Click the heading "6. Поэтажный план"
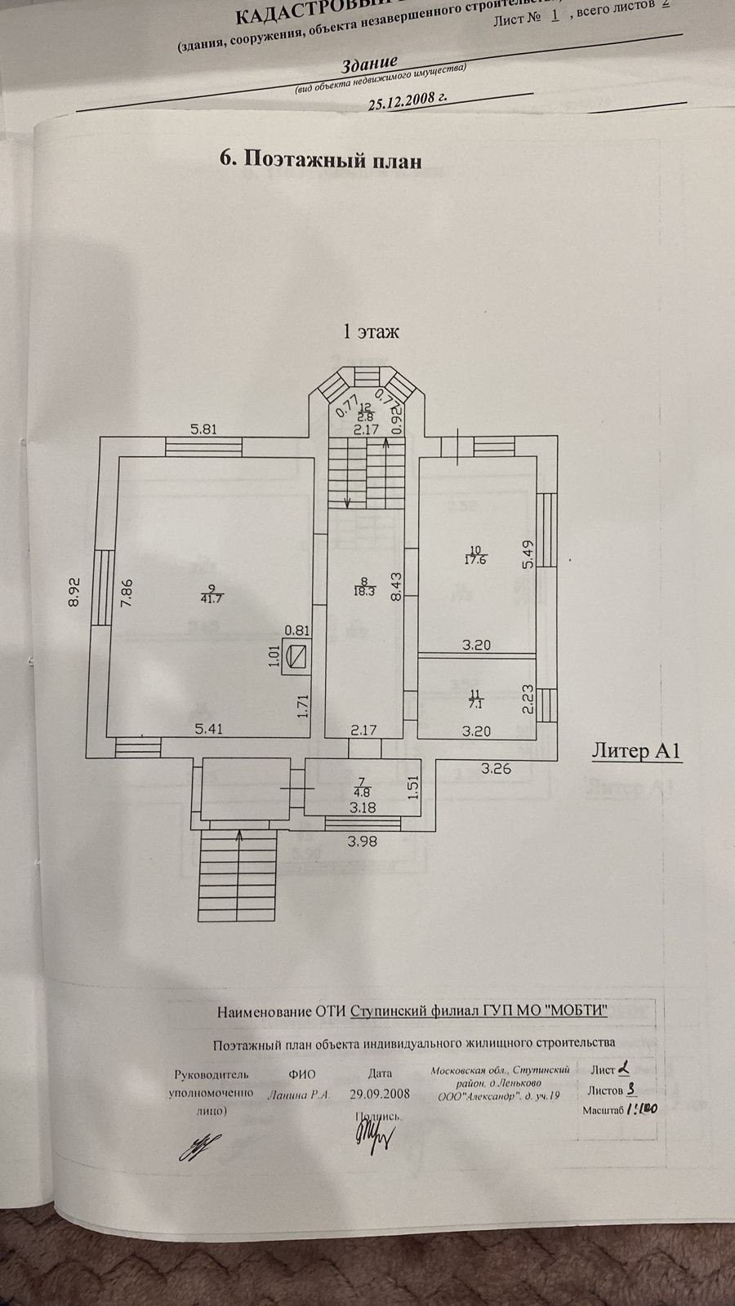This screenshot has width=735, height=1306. (322, 161)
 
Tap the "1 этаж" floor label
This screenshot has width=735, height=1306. (370, 332)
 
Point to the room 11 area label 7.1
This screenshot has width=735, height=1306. (476, 699)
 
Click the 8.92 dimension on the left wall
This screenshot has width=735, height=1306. (74, 592)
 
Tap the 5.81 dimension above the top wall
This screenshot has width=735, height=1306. (203, 429)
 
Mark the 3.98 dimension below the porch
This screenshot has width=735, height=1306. (362, 842)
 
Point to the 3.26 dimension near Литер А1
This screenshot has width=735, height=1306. (496, 767)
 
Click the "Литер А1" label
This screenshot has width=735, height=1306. (635, 752)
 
